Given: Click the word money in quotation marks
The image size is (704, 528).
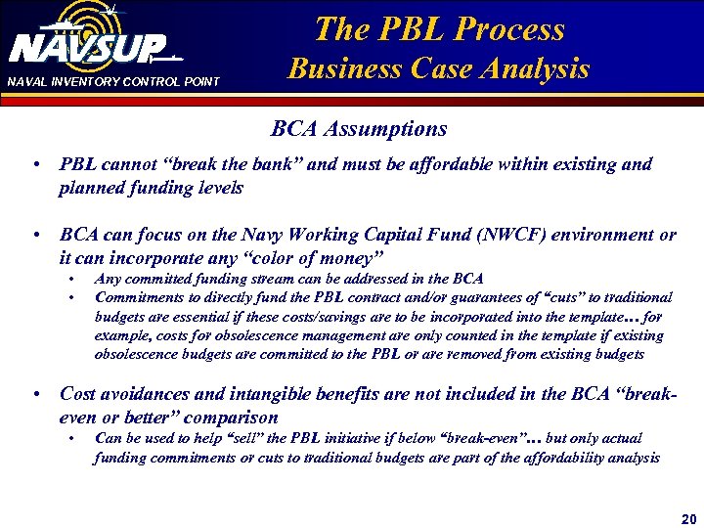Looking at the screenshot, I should [338, 258].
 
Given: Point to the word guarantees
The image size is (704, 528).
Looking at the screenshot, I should [458, 296].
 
